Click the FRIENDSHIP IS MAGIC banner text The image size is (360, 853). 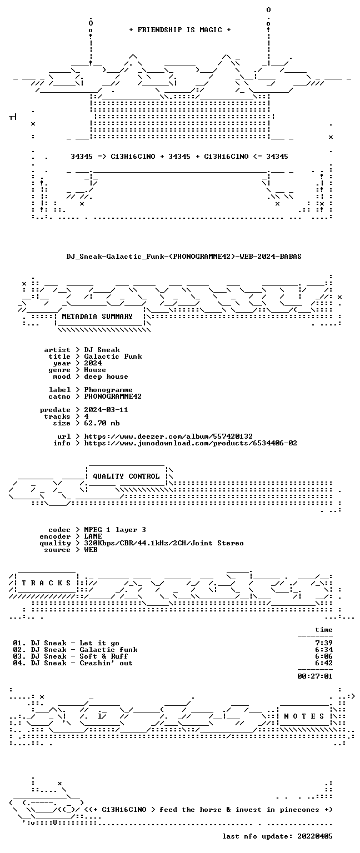pos(180,29)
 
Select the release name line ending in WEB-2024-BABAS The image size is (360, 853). pos(184,256)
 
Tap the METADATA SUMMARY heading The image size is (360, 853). pos(97,316)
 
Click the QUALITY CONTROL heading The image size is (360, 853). pos(126,476)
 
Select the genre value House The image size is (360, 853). pos(95,370)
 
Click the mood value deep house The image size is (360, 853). pos(106,376)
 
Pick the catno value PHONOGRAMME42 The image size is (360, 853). pos(113,397)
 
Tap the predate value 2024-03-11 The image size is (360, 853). pos(106,410)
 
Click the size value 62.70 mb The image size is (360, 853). pos(102,423)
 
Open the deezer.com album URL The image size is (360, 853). pos(168,436)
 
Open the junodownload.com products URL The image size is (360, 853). pos(191,443)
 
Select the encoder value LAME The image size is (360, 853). pos(93,536)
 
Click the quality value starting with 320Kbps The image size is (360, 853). pos(164,543)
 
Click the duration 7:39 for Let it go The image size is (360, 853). pos(324,643)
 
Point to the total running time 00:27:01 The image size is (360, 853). pos(315,676)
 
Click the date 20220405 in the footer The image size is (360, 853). pos(315,836)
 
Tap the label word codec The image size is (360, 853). pos(59,530)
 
